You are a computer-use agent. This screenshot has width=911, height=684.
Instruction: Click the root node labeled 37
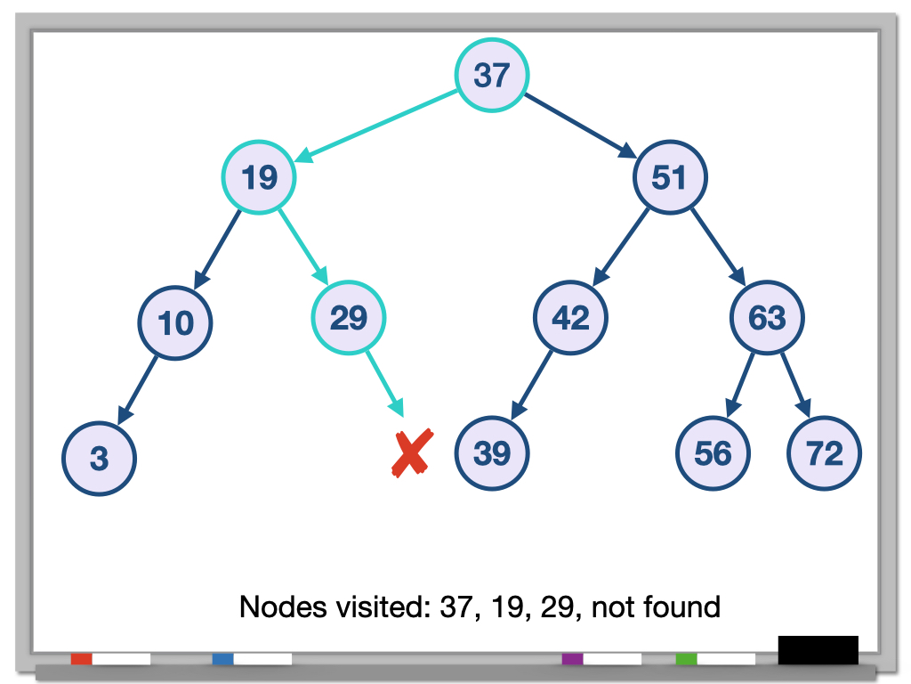click(492, 75)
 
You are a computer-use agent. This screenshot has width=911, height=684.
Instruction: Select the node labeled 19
click(259, 177)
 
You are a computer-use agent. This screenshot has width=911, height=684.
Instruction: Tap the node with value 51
click(670, 177)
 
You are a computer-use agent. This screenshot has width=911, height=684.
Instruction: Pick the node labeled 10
click(176, 322)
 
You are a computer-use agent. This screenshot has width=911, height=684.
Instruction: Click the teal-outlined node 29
click(349, 317)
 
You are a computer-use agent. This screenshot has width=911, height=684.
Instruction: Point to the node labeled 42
click(571, 317)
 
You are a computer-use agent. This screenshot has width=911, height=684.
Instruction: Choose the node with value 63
click(767, 318)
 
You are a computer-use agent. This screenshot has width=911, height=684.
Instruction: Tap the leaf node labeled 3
click(99, 459)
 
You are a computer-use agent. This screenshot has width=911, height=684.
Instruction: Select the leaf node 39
click(492, 453)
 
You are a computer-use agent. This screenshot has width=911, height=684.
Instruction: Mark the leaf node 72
click(824, 453)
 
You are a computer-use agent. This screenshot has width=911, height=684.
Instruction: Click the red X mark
click(412, 452)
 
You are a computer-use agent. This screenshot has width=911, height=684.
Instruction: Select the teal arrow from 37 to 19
click(378, 128)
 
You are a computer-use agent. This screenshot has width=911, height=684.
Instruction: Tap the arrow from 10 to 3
click(139, 389)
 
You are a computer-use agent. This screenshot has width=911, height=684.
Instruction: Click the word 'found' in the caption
click(678, 607)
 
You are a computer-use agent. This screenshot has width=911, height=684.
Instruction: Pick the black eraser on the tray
click(818, 650)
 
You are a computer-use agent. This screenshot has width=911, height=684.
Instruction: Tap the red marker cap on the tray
click(81, 659)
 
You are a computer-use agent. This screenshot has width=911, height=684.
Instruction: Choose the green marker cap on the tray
click(686, 659)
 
